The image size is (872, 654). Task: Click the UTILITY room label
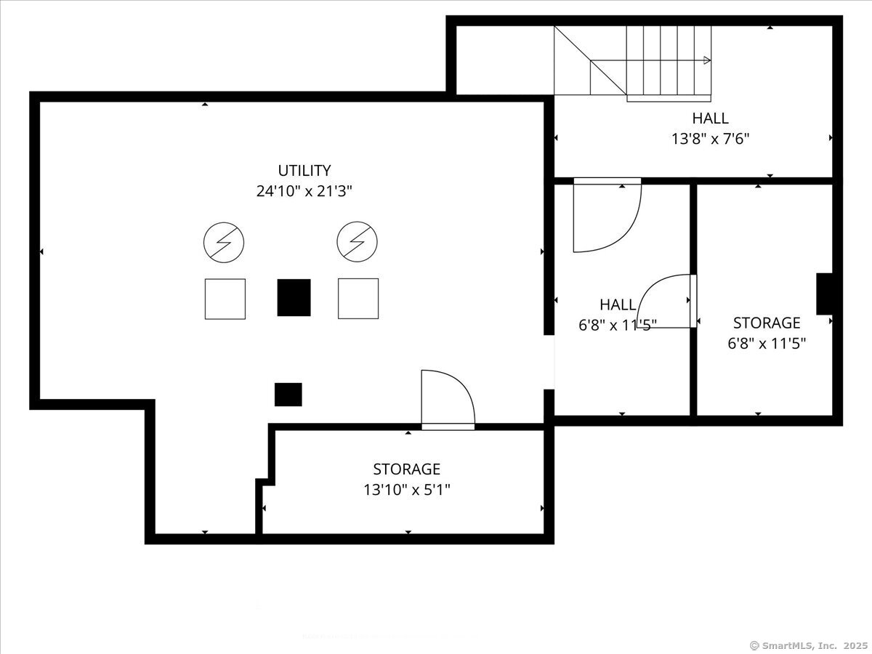(x=304, y=171)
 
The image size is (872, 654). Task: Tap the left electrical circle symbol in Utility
(x=224, y=242)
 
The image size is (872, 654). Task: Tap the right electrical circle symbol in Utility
(x=357, y=242)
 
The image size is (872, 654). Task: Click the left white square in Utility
(x=225, y=299)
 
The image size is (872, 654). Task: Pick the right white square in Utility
(x=358, y=299)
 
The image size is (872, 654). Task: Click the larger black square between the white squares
(x=294, y=297)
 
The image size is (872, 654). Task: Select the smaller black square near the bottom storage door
(x=288, y=395)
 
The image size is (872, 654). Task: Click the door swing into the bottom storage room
(x=446, y=398)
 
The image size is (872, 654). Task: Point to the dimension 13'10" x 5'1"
(x=406, y=490)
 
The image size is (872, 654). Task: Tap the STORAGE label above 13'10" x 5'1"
(x=406, y=469)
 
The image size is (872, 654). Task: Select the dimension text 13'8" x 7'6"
(x=710, y=138)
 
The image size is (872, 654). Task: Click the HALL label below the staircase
(x=710, y=118)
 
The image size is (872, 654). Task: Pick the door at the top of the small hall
(x=606, y=217)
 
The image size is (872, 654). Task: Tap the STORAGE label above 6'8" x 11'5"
(x=766, y=323)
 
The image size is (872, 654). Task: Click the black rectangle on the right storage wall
(x=824, y=294)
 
